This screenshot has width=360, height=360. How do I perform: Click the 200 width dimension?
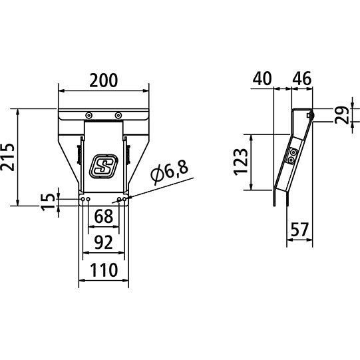[104, 81]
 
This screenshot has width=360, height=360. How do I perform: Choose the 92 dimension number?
[103, 242]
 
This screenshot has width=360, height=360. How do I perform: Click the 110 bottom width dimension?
[103, 270]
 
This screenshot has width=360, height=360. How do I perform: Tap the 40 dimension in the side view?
[262, 79]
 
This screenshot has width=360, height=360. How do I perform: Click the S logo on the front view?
[103, 166]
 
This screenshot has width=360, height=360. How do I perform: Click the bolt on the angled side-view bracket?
[292, 157]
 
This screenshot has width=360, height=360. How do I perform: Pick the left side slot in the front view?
[79, 156]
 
